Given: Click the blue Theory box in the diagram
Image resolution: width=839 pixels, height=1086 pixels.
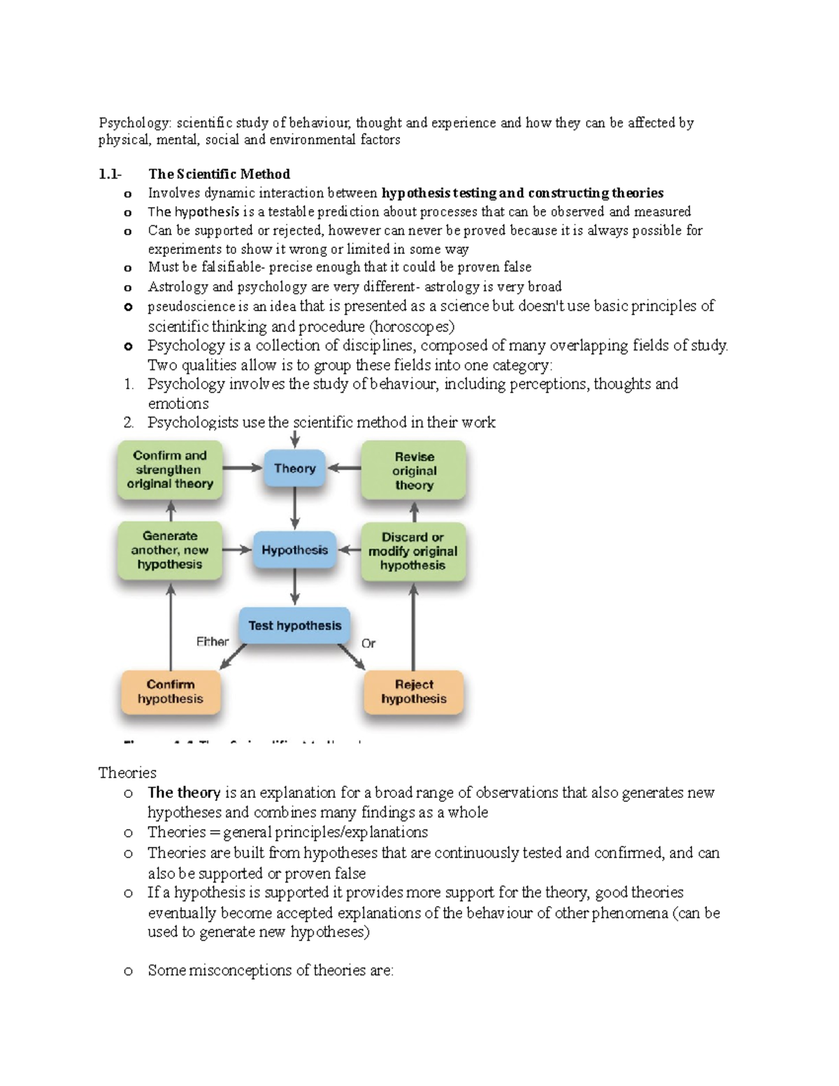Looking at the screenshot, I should pos(294,469).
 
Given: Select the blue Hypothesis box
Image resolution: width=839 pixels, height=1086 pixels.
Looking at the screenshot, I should pos(294,550).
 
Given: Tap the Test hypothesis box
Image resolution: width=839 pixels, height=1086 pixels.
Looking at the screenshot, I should pos(294,626).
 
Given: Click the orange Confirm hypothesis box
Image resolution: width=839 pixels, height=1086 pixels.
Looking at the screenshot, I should pos(171,692).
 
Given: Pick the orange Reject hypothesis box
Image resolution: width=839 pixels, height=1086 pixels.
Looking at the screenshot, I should pos(414,692).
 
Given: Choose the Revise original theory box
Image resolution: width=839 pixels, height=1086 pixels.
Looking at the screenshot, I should pos(414,471).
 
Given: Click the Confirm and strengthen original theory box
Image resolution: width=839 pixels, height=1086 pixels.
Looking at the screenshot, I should pos(170,470).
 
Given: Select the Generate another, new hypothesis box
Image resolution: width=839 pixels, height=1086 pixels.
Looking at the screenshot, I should pos(170,550).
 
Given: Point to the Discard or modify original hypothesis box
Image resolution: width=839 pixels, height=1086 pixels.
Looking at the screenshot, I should pos(413,551).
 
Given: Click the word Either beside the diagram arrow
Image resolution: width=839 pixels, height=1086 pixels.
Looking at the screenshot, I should pos(212,641).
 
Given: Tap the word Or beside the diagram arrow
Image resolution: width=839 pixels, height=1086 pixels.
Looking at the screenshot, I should pos(368,643).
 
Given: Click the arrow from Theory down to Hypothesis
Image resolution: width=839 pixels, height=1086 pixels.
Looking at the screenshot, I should pos(295,508).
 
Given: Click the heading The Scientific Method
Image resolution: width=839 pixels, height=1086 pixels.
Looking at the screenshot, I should pos(219,174).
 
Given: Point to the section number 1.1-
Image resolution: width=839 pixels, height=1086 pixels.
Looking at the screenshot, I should pos(110,174).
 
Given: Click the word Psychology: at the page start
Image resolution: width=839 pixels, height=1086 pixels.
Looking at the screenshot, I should pos(134,123).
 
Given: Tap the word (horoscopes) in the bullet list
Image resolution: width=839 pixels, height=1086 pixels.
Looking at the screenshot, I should pos(412,327).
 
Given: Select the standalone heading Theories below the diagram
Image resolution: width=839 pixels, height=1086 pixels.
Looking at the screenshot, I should pos(127,773).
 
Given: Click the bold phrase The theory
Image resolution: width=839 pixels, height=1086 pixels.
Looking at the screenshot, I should pos(184,793).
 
